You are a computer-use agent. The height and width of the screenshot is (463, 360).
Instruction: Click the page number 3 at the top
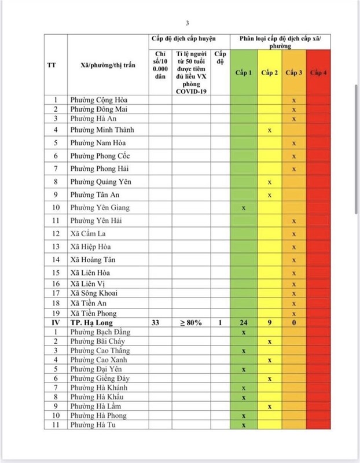tap(188, 23)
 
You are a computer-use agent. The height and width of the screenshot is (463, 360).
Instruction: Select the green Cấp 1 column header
tap(244, 72)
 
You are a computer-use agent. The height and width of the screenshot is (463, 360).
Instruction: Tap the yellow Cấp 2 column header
tap(269, 72)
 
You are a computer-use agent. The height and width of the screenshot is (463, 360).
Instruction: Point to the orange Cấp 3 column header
tap(294, 72)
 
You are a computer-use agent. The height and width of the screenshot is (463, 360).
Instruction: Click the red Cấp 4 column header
tap(319, 72)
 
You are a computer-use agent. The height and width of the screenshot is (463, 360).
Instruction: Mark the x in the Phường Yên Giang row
tap(244, 208)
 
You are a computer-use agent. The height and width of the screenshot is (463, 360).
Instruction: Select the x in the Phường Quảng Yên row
tap(269, 182)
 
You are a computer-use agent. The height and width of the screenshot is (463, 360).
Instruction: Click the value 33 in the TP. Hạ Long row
tap(155, 322)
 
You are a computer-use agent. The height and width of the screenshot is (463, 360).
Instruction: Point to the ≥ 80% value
tap(190, 322)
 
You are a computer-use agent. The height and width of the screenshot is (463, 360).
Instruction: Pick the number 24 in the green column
tap(244, 322)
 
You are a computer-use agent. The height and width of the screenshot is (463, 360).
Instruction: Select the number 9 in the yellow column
tap(269, 322)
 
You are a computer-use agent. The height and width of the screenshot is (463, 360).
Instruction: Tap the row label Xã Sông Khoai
tap(93, 293)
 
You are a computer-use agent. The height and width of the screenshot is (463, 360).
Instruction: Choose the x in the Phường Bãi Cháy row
tap(269, 341)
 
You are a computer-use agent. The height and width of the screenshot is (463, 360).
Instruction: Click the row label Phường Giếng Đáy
tap(98, 378)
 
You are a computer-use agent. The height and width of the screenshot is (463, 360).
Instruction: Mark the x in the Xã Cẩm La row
tap(294, 234)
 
